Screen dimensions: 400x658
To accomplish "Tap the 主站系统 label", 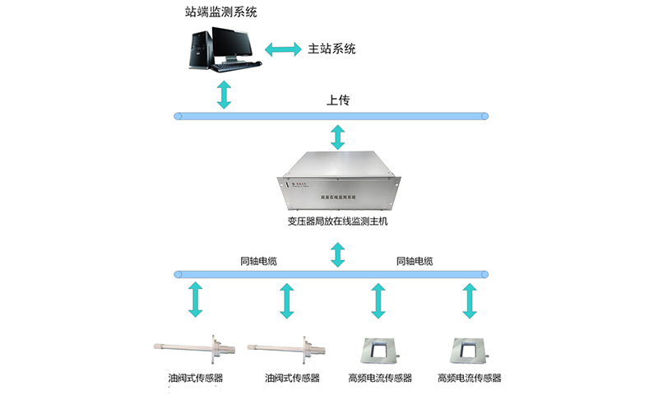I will tap(331, 49).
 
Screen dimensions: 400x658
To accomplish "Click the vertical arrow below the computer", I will tap(224, 94).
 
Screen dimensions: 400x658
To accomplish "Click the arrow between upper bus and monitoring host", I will tap(337, 136).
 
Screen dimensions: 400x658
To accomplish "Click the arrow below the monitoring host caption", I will tap(337, 253).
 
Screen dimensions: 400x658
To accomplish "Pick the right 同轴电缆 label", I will tap(415, 262).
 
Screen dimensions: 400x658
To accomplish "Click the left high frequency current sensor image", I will tap(378, 350).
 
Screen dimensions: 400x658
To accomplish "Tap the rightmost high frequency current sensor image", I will tap(470, 350).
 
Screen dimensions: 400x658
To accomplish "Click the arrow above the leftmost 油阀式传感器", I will tap(195, 300).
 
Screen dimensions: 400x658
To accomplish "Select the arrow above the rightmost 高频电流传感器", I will tap(470, 300).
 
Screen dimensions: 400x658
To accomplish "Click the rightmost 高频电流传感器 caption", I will tap(470, 379).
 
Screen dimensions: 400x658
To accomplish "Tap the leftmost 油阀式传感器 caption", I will tap(195, 379).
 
